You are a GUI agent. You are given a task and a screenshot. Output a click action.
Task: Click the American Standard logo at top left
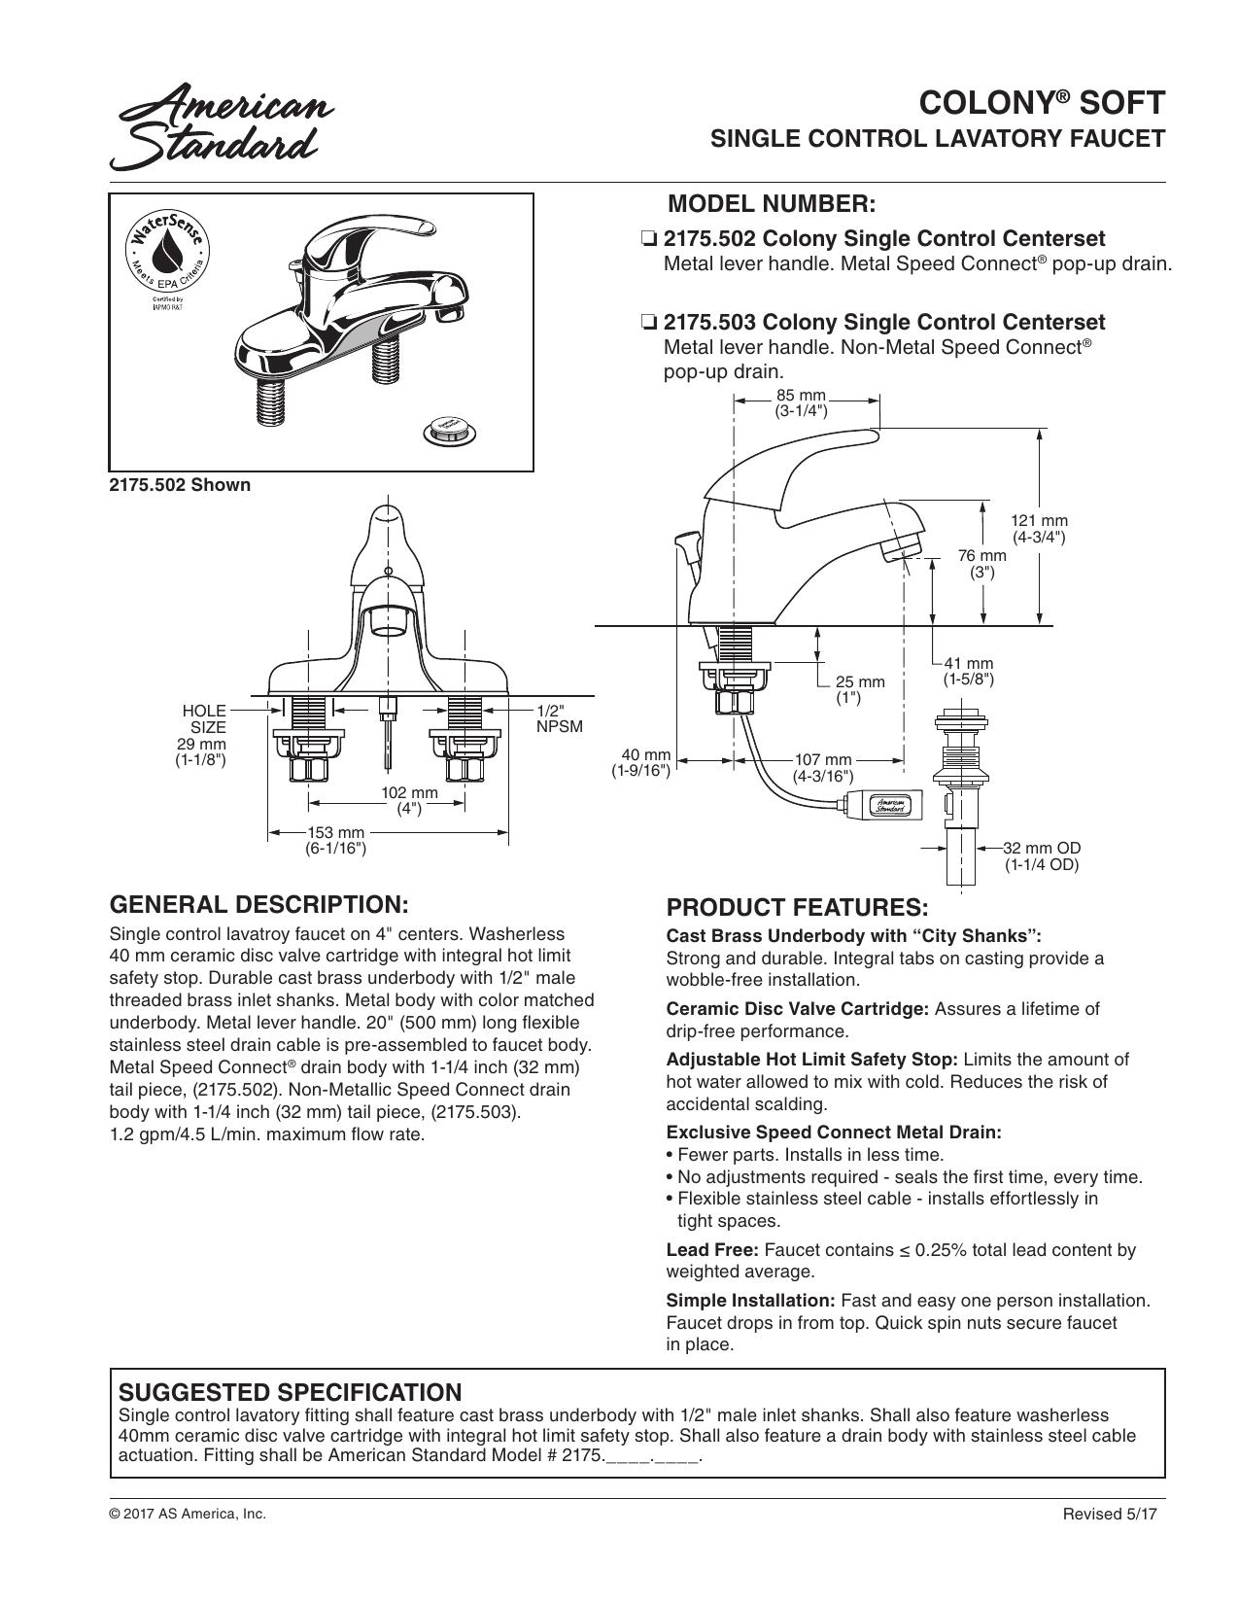tap(222, 127)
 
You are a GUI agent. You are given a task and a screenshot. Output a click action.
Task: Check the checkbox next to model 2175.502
tap(649, 239)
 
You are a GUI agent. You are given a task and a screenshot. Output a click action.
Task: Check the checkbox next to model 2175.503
tap(649, 323)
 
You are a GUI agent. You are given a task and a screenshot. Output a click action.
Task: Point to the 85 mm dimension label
tap(801, 403)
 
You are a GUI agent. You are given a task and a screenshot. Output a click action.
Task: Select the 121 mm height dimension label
tap(1039, 529)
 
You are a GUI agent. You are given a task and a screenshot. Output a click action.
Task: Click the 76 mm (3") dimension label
tap(981, 563)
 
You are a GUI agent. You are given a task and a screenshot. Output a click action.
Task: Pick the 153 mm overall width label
tap(336, 840)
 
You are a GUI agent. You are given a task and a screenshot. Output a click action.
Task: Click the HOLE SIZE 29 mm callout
tap(201, 735)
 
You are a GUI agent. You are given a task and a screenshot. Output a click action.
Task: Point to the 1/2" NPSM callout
tap(560, 719)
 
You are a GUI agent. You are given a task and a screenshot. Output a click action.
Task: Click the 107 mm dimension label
tap(823, 768)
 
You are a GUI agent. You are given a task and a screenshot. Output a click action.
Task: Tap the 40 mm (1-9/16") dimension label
tap(641, 762)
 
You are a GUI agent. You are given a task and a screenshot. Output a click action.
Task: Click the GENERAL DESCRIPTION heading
tap(259, 904)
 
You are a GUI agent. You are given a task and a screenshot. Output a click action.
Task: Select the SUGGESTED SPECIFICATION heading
tap(290, 1392)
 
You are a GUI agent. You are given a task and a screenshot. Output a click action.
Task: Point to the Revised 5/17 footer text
tap(1110, 1515)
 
